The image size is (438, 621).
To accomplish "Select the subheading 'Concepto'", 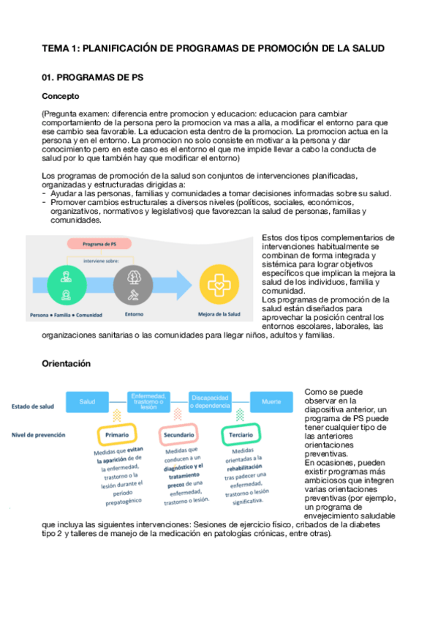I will (61, 96).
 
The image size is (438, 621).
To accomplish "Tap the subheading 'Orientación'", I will (67, 362).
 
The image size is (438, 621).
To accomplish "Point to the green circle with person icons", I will (67, 285).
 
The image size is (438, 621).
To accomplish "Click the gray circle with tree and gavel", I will (133, 285).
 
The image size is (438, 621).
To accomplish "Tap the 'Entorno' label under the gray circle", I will (134, 316).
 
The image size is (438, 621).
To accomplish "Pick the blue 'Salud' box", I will (87, 401).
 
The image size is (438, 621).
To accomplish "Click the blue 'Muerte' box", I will (271, 401).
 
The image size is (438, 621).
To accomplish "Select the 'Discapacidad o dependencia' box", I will (211, 401).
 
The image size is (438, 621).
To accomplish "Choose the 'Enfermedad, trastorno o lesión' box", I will (149, 401).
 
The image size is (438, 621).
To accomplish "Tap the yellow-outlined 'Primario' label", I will (117, 434).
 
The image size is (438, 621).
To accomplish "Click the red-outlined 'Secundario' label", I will (178, 434).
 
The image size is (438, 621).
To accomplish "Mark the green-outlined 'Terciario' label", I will (241, 434).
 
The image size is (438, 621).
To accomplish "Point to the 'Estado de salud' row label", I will (31, 406).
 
